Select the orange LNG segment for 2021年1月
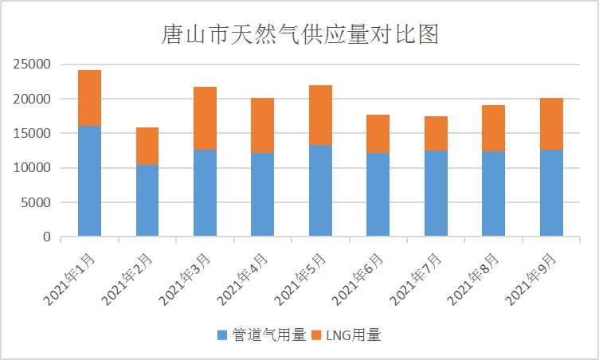pyautogui.click(x=89, y=98)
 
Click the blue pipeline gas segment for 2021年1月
pyautogui.click(x=89, y=181)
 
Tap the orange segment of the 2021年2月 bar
pyautogui.click(x=147, y=146)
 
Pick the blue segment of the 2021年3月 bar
pyautogui.click(x=205, y=193)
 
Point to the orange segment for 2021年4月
pyautogui.click(x=262, y=125)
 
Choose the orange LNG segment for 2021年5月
pyautogui.click(x=320, y=115)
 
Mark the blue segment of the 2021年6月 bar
pyautogui.click(x=378, y=194)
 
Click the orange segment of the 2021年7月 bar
pyautogui.click(x=436, y=133)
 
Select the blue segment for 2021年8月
pyautogui.click(x=493, y=194)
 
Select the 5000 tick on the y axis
pyautogui.click(x=36, y=202)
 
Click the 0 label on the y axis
pyautogui.click(x=47, y=237)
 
